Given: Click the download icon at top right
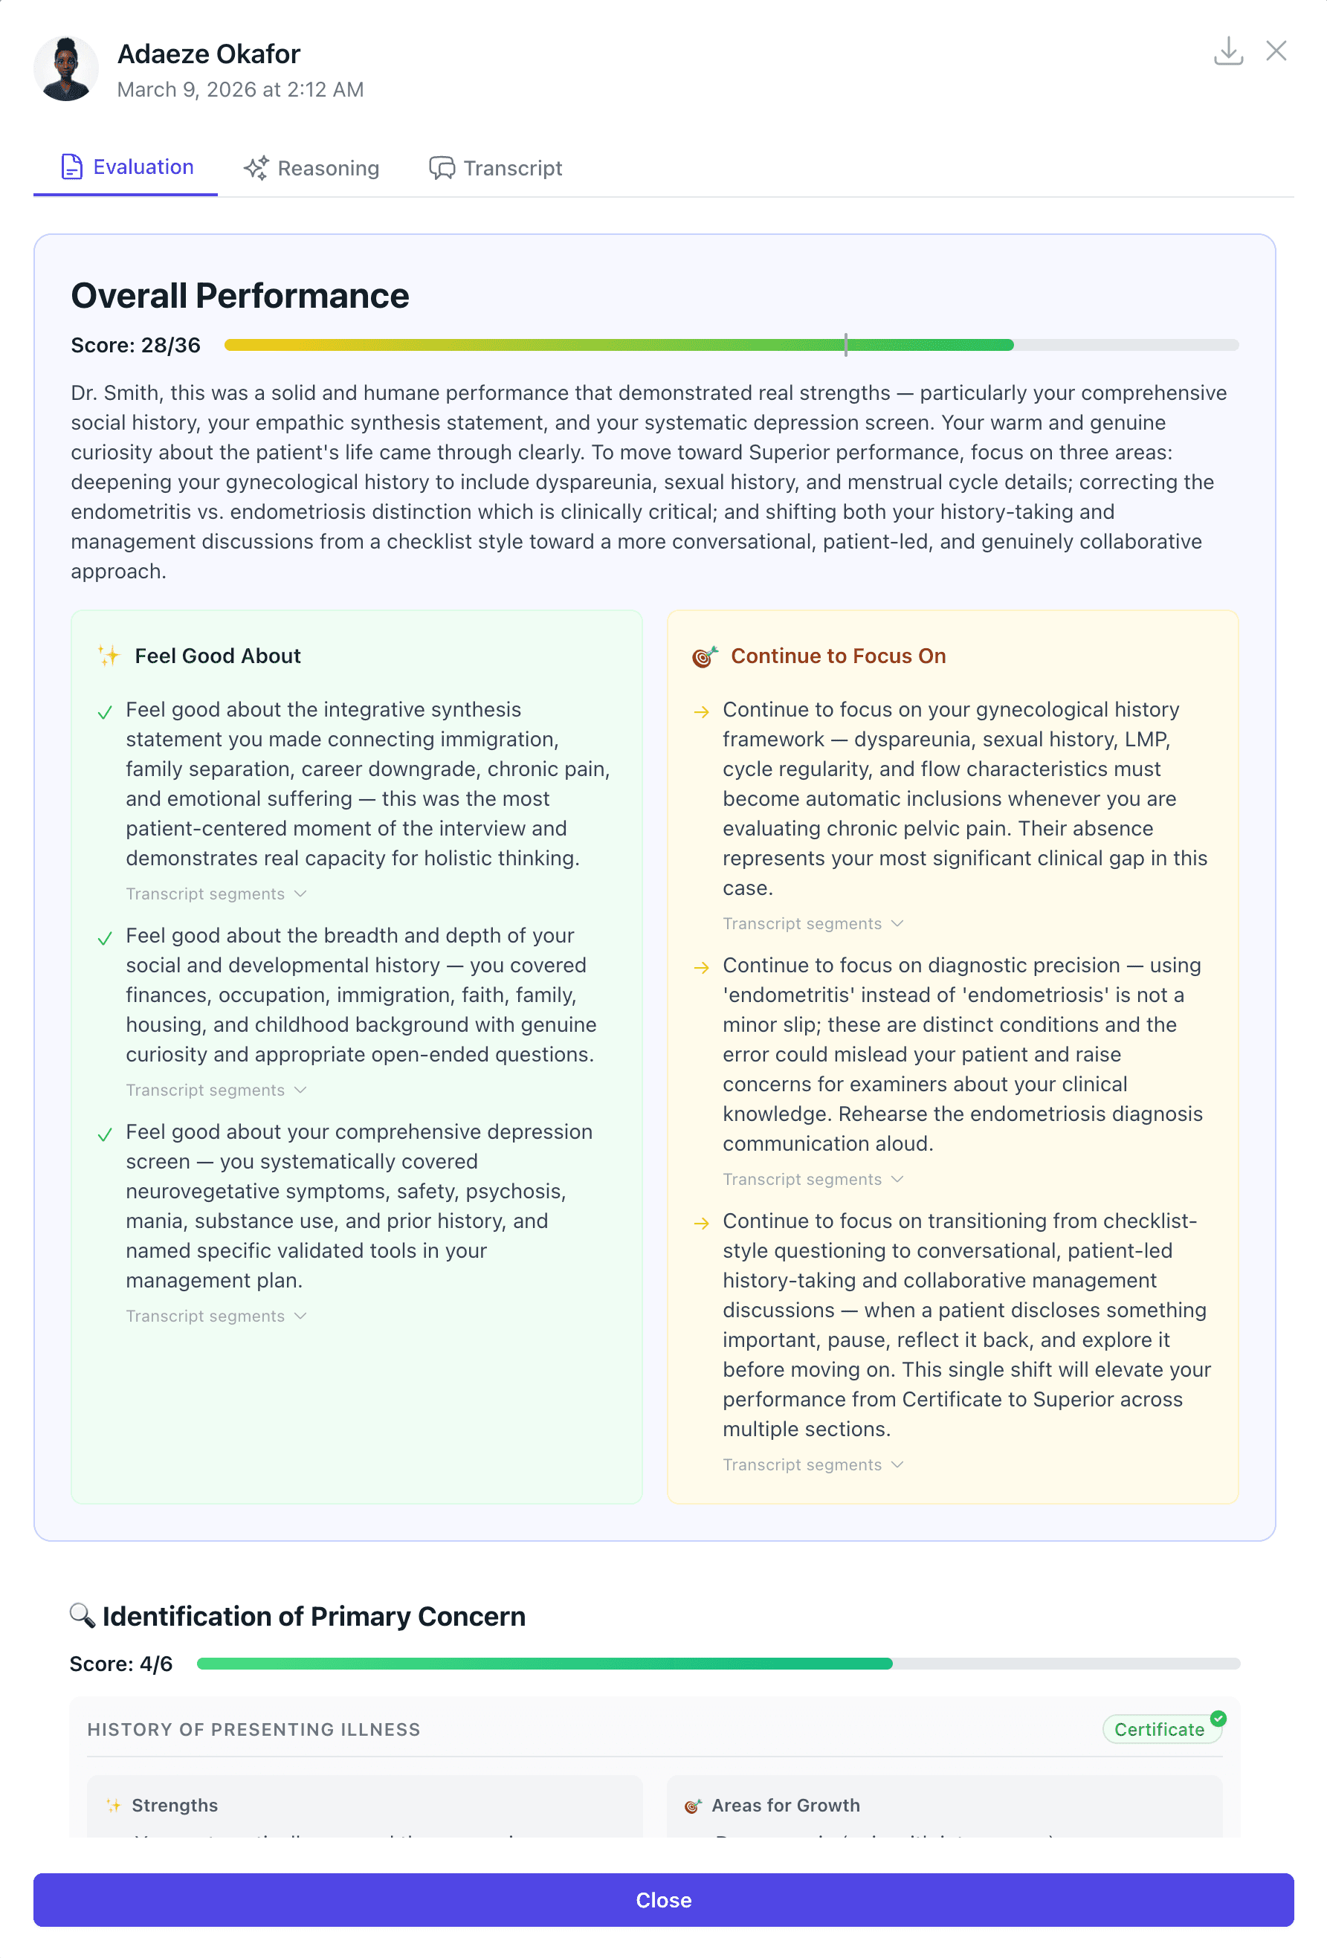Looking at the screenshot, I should [1227, 51].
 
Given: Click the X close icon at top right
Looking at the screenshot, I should [1276, 51].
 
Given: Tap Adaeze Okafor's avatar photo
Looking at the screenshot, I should [65, 69].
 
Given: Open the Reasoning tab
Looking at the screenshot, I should [311, 169].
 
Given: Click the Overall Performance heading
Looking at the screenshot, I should [240, 296].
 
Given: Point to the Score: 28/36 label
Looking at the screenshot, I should [135, 346].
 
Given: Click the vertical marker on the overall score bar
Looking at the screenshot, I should [845, 345].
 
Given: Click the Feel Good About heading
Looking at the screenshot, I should [217, 656].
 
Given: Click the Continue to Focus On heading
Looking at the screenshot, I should [838, 656].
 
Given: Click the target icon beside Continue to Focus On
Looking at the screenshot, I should [704, 656].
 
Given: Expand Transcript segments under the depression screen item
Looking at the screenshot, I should [216, 1316].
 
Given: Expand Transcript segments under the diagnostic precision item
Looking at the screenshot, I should [813, 1180].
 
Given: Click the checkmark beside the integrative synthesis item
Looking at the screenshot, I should [105, 713].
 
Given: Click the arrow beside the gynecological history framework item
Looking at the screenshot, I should [701, 713].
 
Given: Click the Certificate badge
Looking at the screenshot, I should [1159, 1730].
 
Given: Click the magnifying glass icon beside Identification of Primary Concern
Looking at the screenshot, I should [82, 1615].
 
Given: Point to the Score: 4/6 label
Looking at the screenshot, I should [120, 1664].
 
